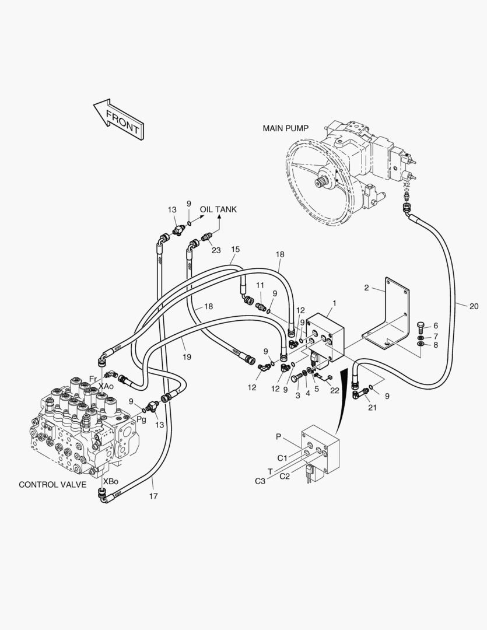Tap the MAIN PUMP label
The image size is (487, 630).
coord(285,128)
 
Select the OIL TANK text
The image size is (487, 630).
coord(218,209)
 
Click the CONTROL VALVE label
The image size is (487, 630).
coord(52,484)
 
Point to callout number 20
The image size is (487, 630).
coord(473,305)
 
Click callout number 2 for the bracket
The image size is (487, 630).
coord(366,288)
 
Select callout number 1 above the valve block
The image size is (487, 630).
coord(334,303)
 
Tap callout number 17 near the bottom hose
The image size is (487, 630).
coord(153,496)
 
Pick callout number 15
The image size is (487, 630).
coord(235,250)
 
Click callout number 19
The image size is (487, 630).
coord(187,356)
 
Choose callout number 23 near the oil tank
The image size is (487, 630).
coord(216,250)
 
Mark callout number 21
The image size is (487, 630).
coord(372,407)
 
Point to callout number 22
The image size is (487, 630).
coord(335,391)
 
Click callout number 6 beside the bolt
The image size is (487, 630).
coord(435,325)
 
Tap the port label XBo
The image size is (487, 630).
coord(110,481)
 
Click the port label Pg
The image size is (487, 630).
coord(141,402)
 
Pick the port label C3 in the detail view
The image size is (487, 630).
coord(260,481)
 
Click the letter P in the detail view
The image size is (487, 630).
coord(279,436)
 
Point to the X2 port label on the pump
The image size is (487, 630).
coord(407,184)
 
